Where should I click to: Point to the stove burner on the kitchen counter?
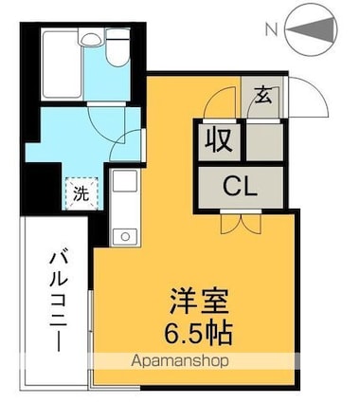(x=122, y=234)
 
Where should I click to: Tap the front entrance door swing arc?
(x=300, y=98)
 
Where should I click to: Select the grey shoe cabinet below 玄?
(x=265, y=138)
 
